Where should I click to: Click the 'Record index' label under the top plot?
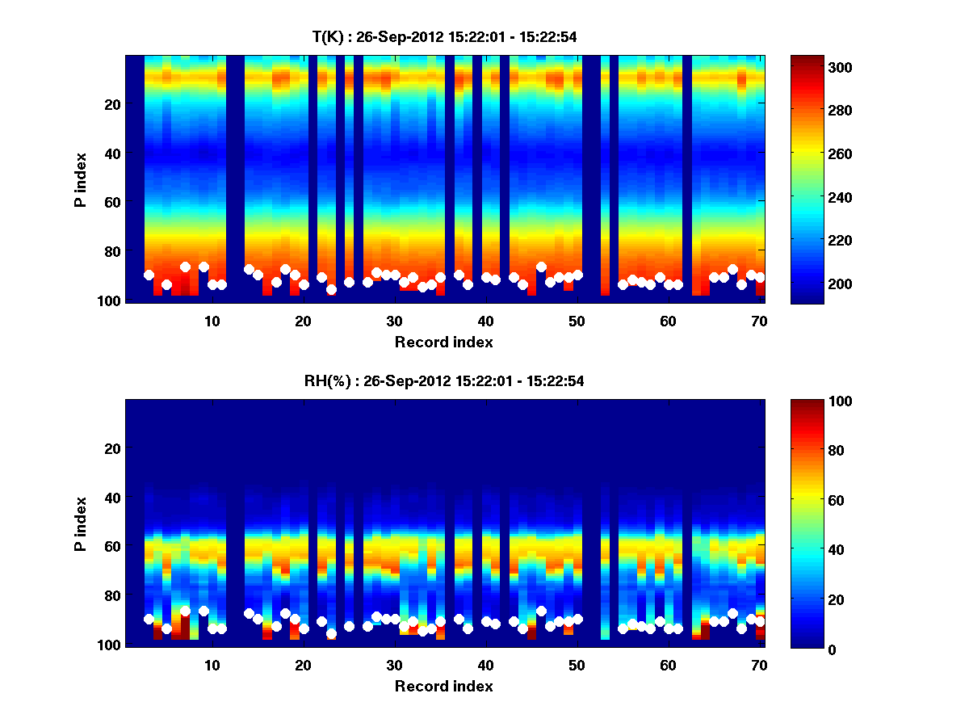pos(443,342)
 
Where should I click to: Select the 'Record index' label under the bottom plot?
pos(443,686)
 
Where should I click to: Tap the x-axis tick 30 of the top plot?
pos(394,320)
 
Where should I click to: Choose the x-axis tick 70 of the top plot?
pos(758,320)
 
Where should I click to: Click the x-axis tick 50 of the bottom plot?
pos(577,664)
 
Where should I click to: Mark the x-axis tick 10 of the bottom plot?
pos(212,664)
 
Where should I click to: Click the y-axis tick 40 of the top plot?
pos(112,153)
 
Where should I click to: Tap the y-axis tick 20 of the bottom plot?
pos(112,448)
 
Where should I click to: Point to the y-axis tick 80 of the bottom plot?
pos(112,595)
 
